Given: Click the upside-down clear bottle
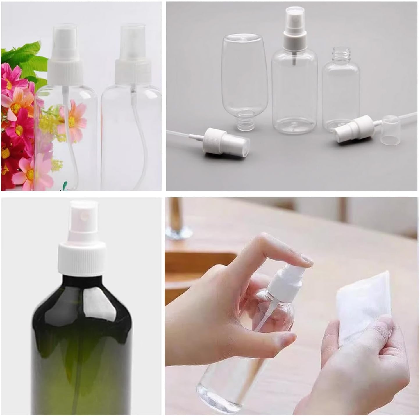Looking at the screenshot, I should click(241, 79).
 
